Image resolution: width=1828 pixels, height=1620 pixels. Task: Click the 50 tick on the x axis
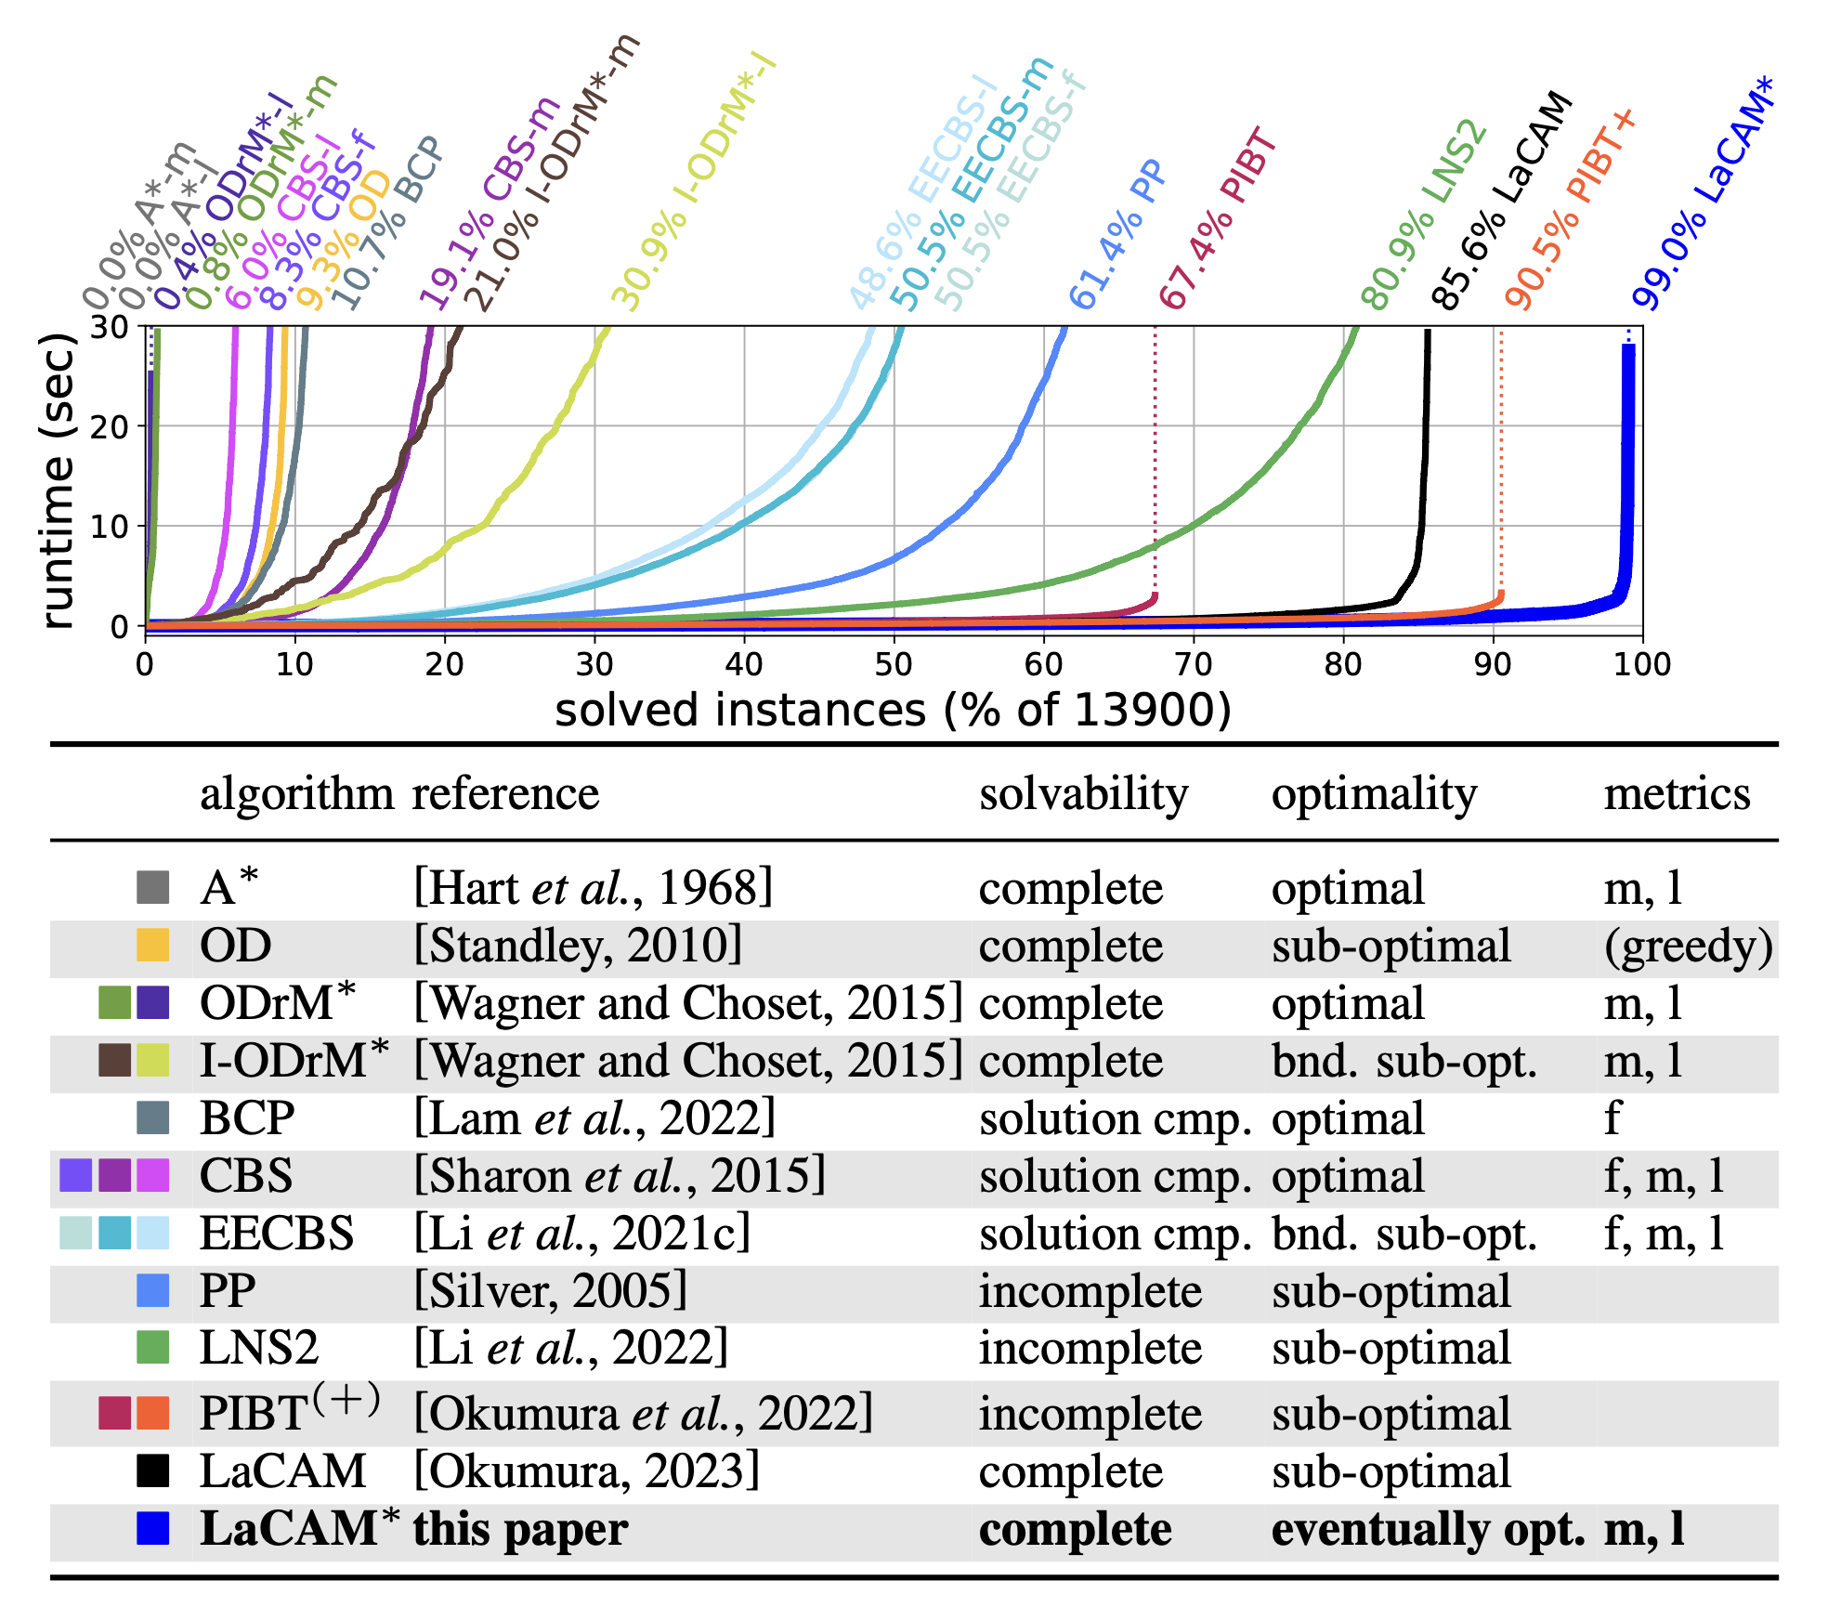click(894, 665)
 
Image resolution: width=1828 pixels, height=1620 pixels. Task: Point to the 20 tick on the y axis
click(110, 427)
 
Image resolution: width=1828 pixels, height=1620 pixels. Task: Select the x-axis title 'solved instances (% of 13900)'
click(893, 711)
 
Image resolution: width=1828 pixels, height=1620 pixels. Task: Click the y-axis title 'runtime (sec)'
click(58, 481)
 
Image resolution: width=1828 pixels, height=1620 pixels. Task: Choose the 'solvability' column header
click(1083, 794)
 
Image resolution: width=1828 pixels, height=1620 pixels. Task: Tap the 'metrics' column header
click(1677, 794)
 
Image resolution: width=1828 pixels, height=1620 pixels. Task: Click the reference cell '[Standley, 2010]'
click(578, 946)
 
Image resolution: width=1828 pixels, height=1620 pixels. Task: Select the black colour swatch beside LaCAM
click(152, 1471)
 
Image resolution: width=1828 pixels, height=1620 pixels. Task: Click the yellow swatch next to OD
click(152, 945)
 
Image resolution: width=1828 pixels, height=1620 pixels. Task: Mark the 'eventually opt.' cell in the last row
click(1428, 1530)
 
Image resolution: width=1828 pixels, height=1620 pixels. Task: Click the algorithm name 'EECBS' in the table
click(277, 1234)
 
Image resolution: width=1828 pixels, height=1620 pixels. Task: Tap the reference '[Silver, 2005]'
click(550, 1291)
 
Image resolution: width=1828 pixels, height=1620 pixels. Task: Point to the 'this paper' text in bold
click(520, 1530)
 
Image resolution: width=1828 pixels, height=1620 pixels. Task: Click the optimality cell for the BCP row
click(1348, 1118)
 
